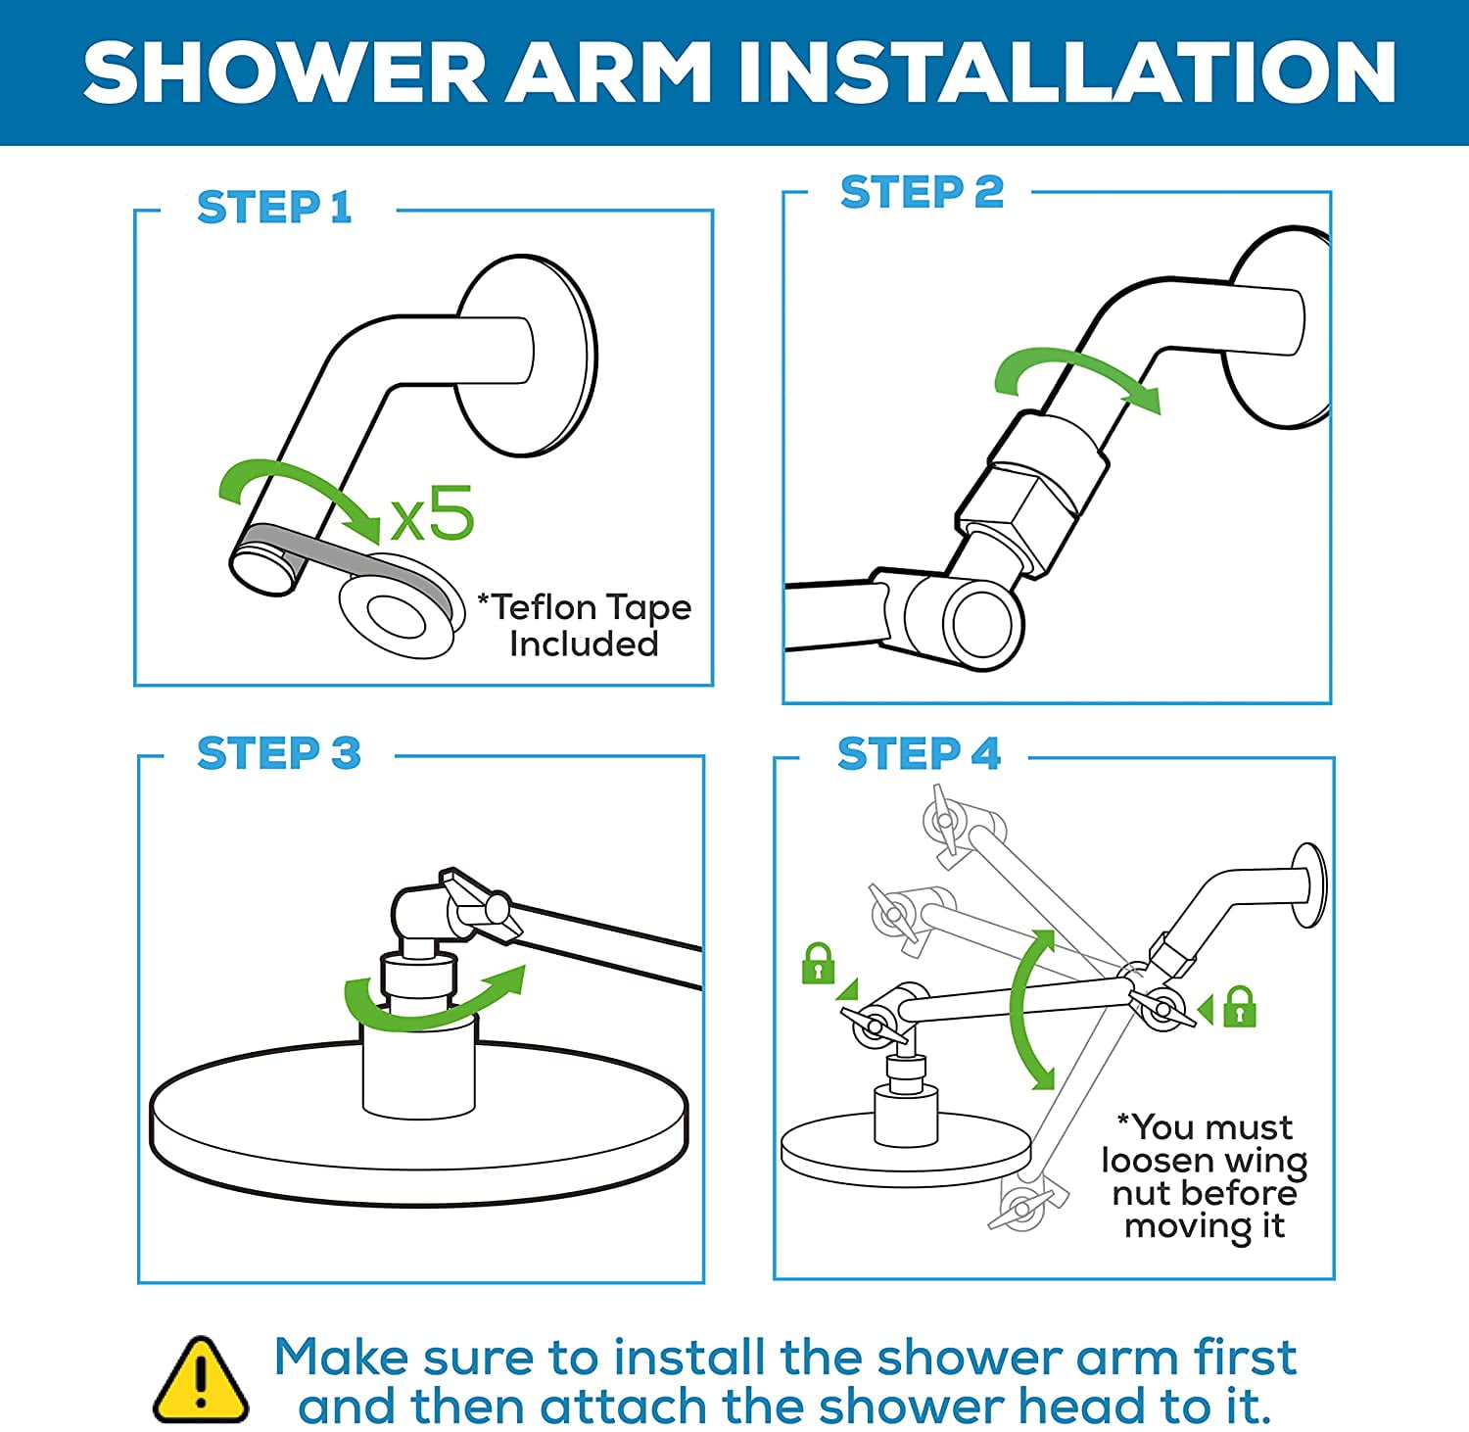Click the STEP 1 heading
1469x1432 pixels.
(274, 208)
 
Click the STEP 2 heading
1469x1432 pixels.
(923, 192)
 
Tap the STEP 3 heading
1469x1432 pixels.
(279, 753)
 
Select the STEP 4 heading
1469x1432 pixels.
(919, 753)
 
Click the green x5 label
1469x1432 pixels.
(432, 513)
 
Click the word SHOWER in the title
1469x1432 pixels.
(285, 72)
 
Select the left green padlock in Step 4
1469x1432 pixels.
(818, 963)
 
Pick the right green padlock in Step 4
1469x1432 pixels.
(1240, 1006)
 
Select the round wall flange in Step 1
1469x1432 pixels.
(526, 357)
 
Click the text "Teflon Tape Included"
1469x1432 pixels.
(585, 625)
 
